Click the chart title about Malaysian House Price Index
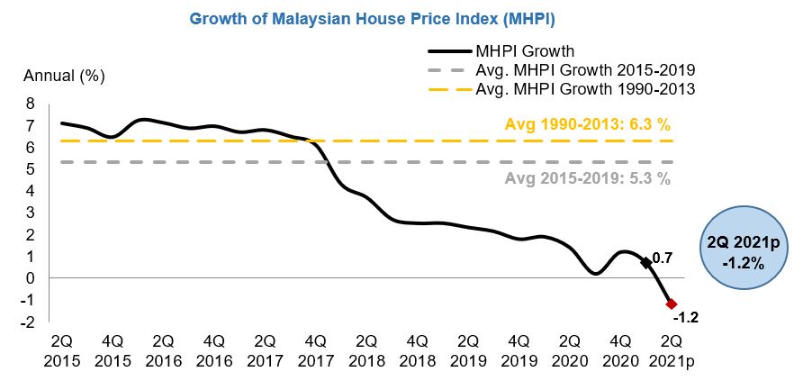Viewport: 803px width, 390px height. [401, 18]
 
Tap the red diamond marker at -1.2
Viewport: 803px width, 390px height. [671, 304]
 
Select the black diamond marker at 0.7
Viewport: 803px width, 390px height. [645, 262]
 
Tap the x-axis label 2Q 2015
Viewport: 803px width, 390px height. [61, 351]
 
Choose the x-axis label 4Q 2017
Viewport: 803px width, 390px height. [315, 351]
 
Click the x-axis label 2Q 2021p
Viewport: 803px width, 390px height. [671, 351]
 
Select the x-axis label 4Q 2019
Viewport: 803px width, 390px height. [519, 351]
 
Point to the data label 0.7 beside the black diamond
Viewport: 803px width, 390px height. [662, 258]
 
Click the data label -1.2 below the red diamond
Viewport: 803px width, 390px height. [684, 318]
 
